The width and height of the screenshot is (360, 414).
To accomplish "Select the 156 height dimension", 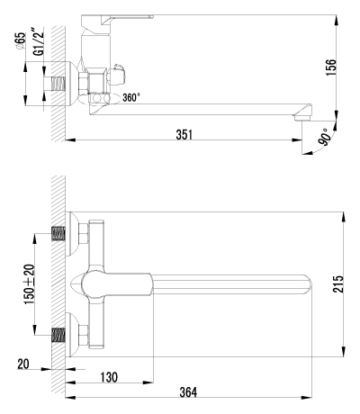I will click(x=331, y=67).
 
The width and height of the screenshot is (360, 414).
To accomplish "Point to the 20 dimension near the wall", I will click(x=25, y=364).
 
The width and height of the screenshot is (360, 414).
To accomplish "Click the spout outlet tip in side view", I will click(x=305, y=113).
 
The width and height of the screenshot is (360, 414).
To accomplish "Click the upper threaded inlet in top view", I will click(x=58, y=234).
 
